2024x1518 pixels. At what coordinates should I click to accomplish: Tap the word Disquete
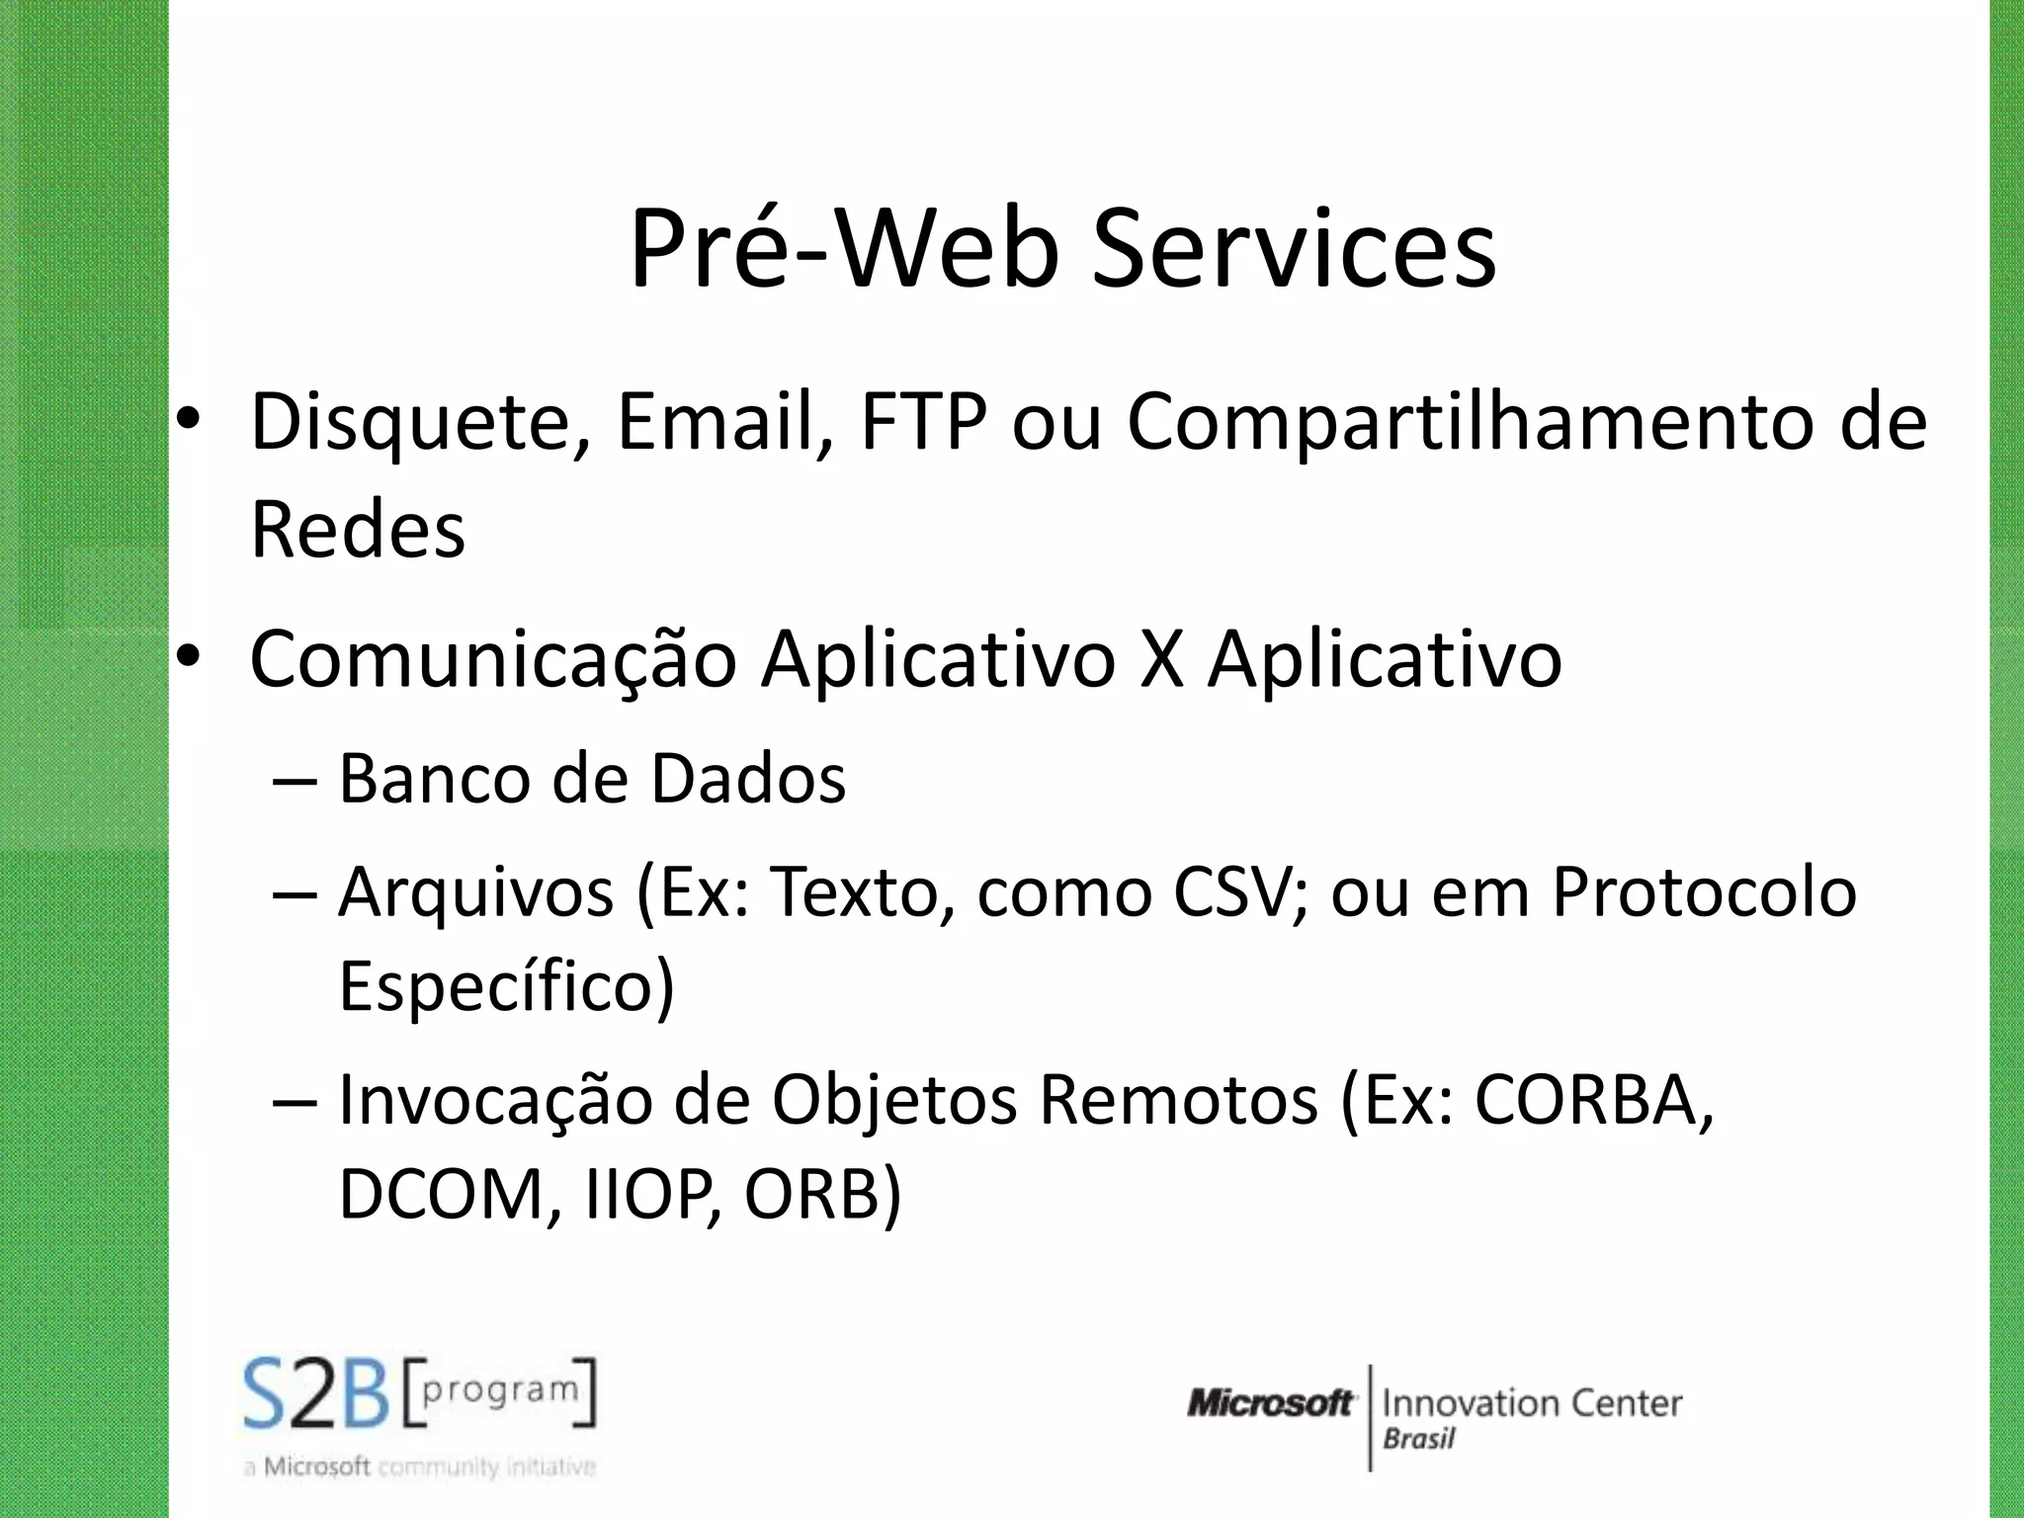(420, 423)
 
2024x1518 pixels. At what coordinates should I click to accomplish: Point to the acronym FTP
(924, 423)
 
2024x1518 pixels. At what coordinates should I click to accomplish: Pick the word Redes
(358, 531)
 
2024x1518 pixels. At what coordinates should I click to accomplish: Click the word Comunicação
(492, 659)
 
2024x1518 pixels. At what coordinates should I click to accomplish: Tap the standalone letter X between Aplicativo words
(1161, 659)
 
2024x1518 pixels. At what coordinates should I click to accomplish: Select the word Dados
(748, 779)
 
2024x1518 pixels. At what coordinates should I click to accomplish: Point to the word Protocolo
(1704, 891)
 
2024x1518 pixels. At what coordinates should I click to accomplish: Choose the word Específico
(506, 985)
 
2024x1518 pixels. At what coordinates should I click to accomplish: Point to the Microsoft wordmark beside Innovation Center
(1270, 1403)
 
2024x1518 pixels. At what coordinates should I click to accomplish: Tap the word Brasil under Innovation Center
(1419, 1439)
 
